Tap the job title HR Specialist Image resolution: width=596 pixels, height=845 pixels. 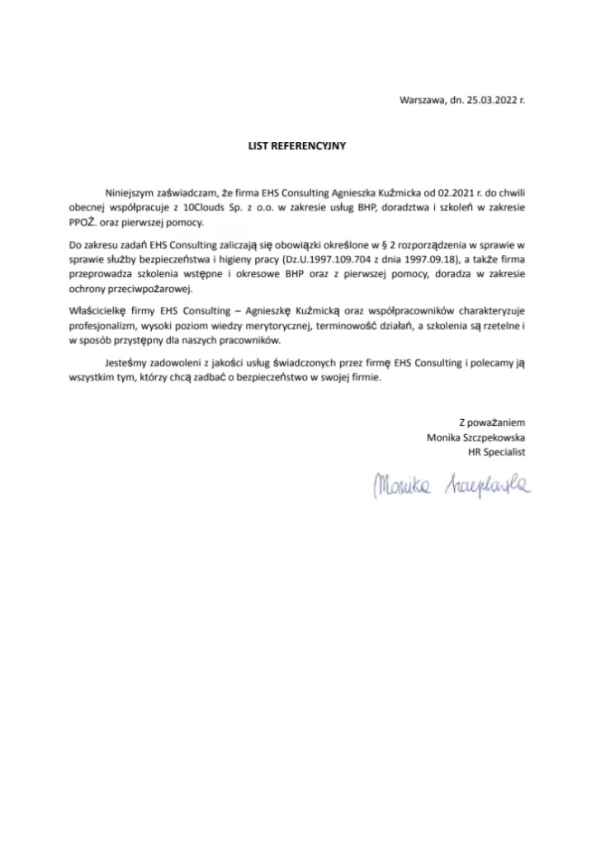pyautogui.click(x=496, y=453)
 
